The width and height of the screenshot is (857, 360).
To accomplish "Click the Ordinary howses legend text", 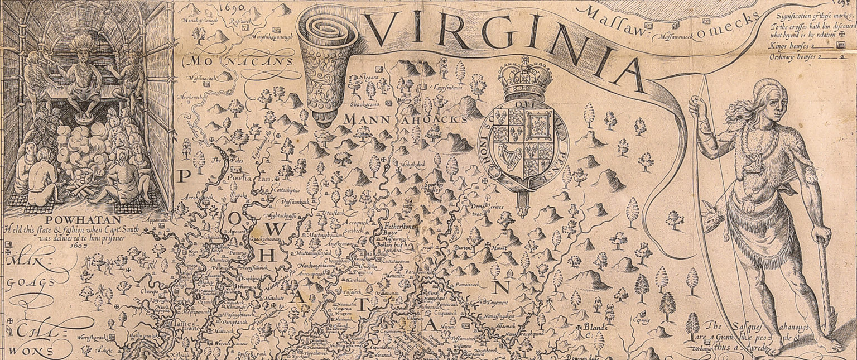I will (x=791, y=56).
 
